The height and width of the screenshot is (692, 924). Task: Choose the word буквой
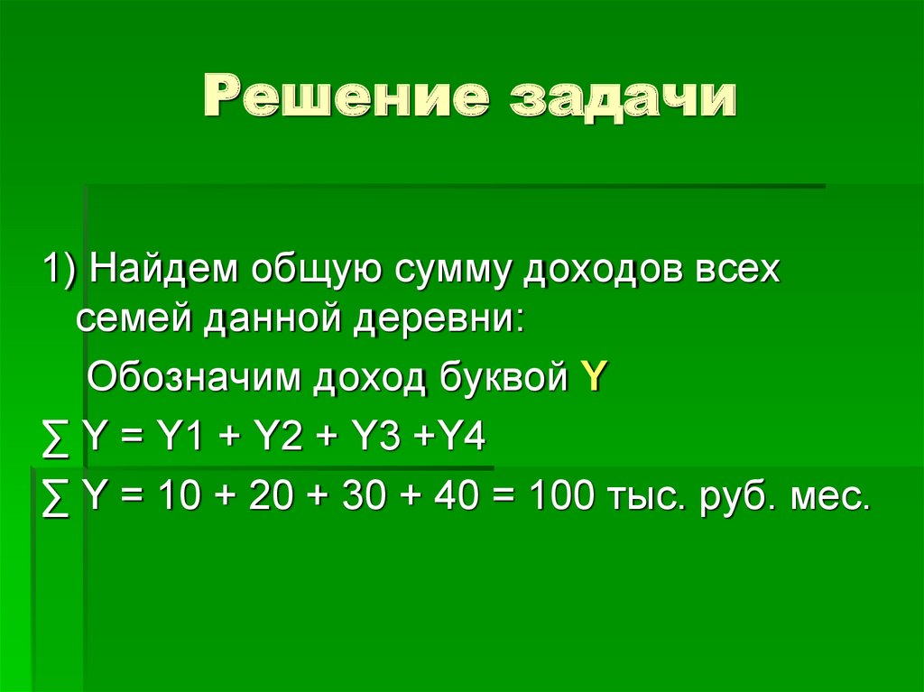coord(500,378)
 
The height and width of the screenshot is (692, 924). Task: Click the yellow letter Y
coord(593,378)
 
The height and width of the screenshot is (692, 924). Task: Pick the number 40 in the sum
coord(453,496)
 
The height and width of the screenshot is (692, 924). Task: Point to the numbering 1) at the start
coord(57,270)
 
